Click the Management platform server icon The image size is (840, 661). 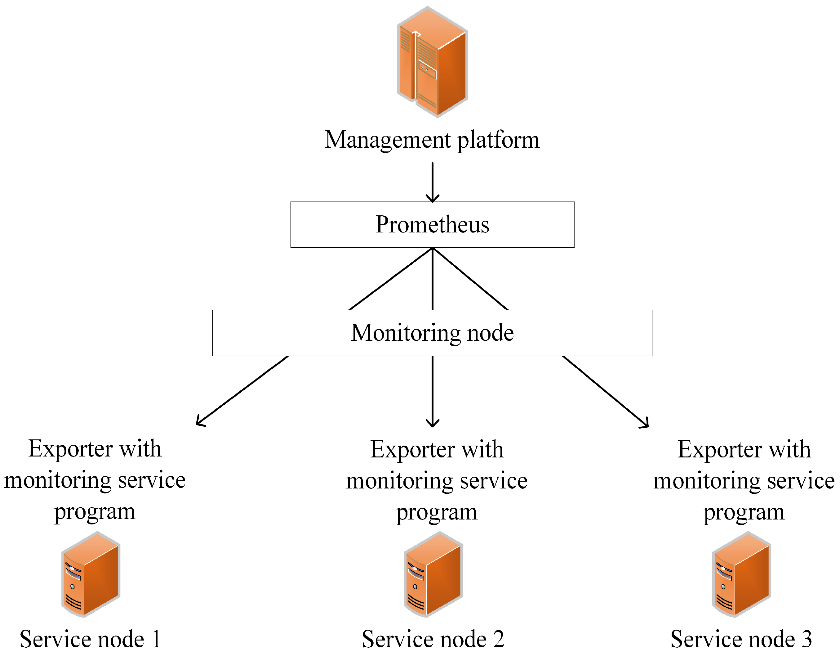(432, 62)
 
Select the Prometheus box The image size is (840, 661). (432, 224)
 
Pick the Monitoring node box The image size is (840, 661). (432, 333)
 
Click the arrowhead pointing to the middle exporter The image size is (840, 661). (432, 423)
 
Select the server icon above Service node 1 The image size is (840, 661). (91, 574)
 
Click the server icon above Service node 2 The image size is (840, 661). (433, 574)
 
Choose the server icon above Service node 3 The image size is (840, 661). (741, 574)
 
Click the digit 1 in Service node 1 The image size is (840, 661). (156, 639)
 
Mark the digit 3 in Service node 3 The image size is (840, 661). (806, 639)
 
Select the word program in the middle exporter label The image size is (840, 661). (437, 512)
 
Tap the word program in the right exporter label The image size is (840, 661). (744, 512)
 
